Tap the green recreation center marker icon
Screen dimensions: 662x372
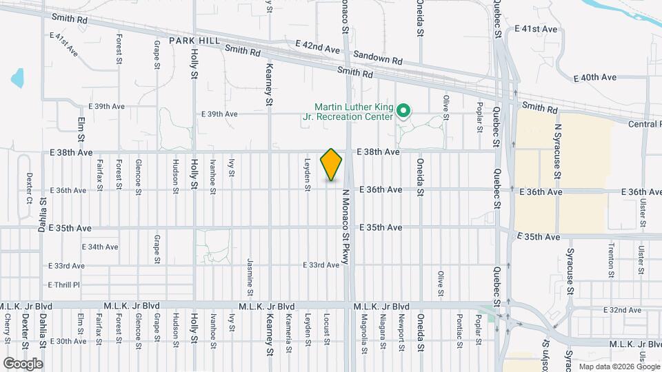tap(405, 110)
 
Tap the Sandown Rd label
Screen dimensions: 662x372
tap(377, 56)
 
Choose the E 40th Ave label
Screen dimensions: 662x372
tap(579, 78)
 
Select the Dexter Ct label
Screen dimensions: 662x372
tap(29, 188)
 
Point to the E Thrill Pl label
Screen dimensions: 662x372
tap(64, 285)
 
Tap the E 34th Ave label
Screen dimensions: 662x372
tap(100, 247)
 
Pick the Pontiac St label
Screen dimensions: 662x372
tap(459, 327)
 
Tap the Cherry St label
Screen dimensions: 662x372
tap(7, 329)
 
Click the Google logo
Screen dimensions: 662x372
tap(23, 363)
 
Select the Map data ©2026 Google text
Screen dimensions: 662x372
tap(616, 366)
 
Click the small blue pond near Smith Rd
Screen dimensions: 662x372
tap(17, 77)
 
